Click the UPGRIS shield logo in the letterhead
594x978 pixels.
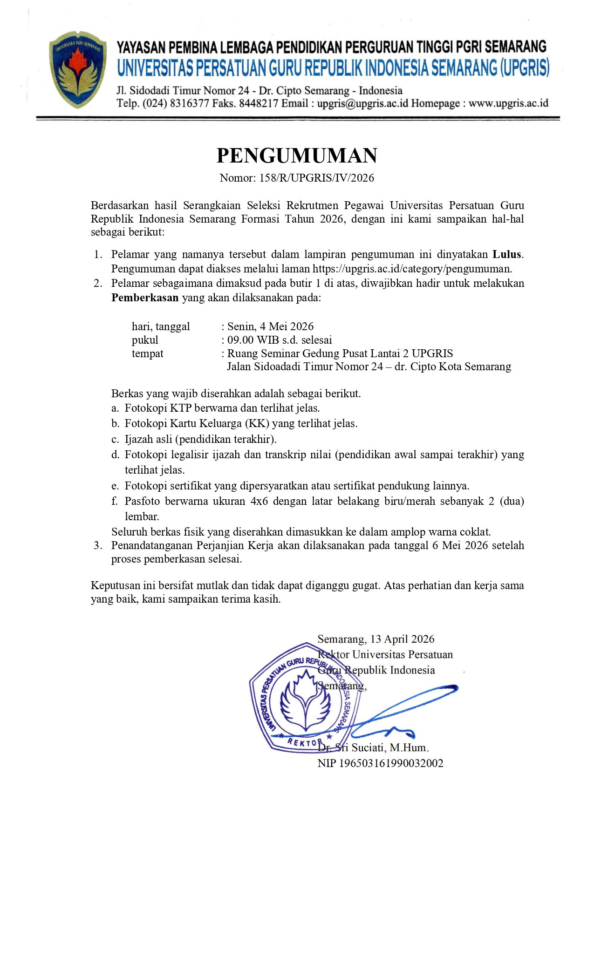[x=78, y=69]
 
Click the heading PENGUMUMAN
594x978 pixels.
[x=297, y=156]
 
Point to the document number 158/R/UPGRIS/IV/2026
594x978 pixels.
[x=317, y=178]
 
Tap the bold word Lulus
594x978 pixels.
[x=507, y=254]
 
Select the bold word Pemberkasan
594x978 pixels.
[x=145, y=298]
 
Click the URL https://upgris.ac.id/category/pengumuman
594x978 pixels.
[x=412, y=269]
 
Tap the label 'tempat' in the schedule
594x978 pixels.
[x=147, y=353]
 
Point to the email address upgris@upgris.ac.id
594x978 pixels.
[x=362, y=103]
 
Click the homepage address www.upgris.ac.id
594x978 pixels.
[x=508, y=103]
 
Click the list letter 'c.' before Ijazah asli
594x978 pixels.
[x=116, y=439]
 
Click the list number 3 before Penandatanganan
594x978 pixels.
[x=97, y=545]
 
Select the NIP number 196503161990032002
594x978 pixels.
[x=391, y=763]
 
